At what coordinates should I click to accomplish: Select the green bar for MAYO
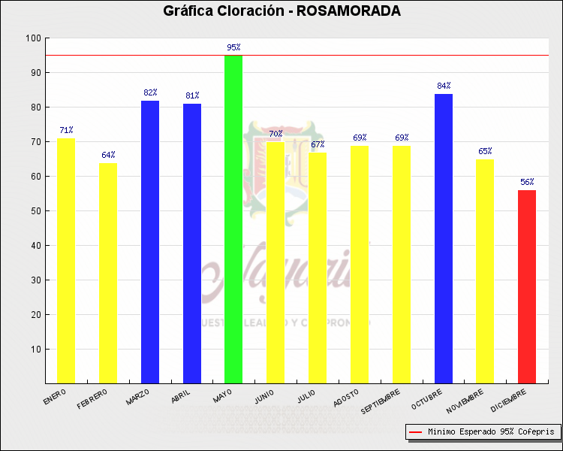(x=233, y=219)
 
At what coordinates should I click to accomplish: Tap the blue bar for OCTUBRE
(x=444, y=238)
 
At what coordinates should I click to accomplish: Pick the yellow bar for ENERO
(x=66, y=261)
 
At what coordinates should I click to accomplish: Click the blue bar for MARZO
(x=150, y=241)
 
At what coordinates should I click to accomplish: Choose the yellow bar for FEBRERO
(x=108, y=273)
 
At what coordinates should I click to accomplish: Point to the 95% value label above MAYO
(x=233, y=47)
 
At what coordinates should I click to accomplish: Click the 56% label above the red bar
(x=527, y=182)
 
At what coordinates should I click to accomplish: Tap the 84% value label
(x=444, y=86)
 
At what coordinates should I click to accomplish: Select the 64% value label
(x=108, y=155)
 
